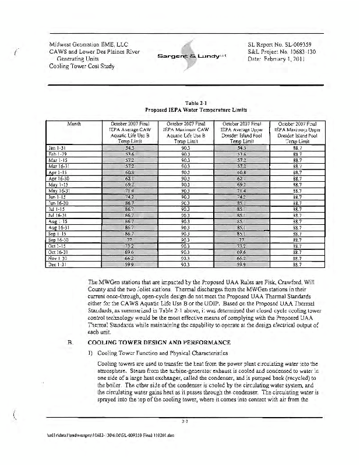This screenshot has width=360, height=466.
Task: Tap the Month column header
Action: coord(73,123)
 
